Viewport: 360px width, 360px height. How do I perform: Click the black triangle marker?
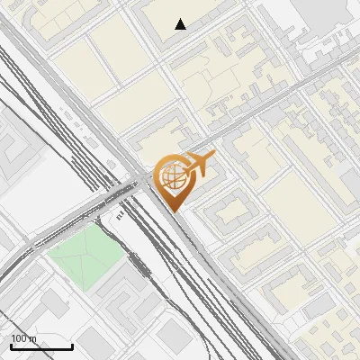coord(181,24)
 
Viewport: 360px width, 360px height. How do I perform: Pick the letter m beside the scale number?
coord(33,338)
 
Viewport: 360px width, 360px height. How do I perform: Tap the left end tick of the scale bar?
coord(11,346)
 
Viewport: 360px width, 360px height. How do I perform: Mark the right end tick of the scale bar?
coord(72,346)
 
